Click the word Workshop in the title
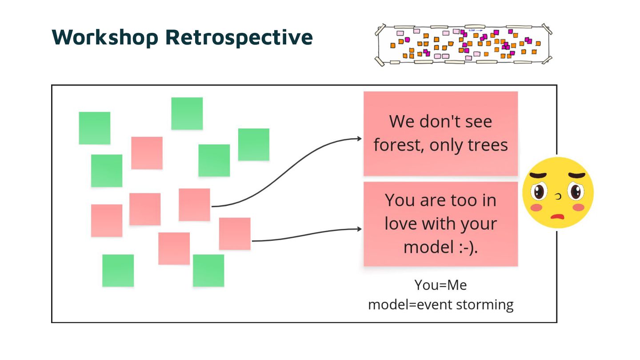[x=105, y=37]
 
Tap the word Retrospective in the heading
[x=239, y=37]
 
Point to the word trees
[x=488, y=145]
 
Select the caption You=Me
[x=440, y=285]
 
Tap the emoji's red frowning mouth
[x=557, y=216]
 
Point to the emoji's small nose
[x=559, y=196]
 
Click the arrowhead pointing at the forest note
[x=359, y=139]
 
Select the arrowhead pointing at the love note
[x=359, y=229]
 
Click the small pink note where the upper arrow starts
[x=194, y=204]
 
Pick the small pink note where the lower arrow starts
[x=235, y=234]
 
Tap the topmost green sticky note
[x=187, y=113]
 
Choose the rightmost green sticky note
[x=254, y=144]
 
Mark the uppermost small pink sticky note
[x=147, y=153]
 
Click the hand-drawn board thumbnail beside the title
[x=463, y=45]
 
